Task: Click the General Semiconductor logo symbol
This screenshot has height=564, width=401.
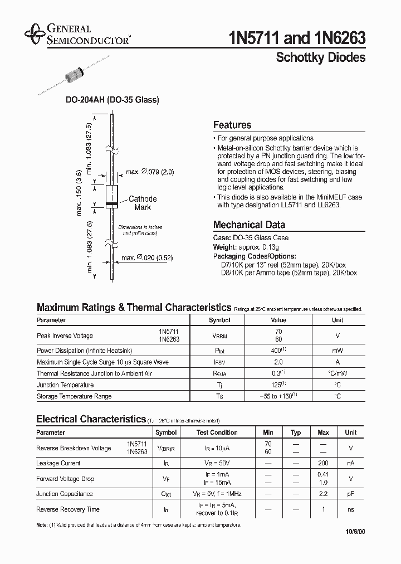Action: tap(35, 34)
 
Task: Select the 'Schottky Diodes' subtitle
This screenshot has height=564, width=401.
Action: tap(321, 58)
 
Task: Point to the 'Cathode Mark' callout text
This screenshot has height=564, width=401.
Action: tap(143, 203)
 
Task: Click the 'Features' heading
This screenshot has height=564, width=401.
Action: tap(232, 125)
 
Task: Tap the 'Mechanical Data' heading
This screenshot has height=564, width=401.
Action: tap(249, 225)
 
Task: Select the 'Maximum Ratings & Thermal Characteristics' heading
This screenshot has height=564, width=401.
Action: tap(134, 308)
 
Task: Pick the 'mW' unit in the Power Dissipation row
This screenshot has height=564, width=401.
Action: tap(338, 351)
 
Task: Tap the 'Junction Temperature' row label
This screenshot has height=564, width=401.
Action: tap(65, 385)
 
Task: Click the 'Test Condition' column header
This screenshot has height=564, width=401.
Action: tap(217, 432)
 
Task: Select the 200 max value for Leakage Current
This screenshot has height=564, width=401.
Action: tap(323, 463)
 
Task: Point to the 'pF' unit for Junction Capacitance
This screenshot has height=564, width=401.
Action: tap(350, 494)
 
